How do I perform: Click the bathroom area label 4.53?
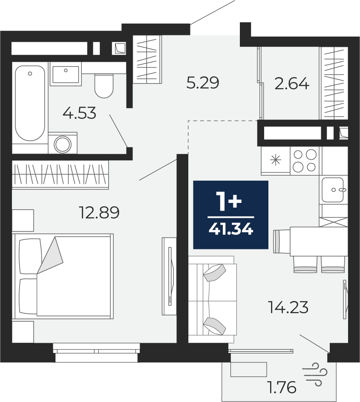coord(79,113)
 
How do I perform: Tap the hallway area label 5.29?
coord(203,83)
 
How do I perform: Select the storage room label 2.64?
coord(292,84)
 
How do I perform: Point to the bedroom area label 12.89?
coord(100,213)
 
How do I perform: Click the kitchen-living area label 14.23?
coord(288,307)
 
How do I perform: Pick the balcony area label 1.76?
coord(281,387)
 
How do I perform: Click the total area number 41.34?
coord(231,228)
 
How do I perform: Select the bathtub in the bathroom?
coord(30,103)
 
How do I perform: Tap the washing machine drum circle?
coord(62,144)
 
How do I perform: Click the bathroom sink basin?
coord(66,74)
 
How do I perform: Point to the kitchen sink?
coord(333,190)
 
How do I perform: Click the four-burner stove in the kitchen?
coord(305,161)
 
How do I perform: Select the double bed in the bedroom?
coord(63,276)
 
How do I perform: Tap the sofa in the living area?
coord(213,299)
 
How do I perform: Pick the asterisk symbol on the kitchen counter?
coord(276,160)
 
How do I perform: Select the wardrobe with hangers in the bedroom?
coord(60,175)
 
